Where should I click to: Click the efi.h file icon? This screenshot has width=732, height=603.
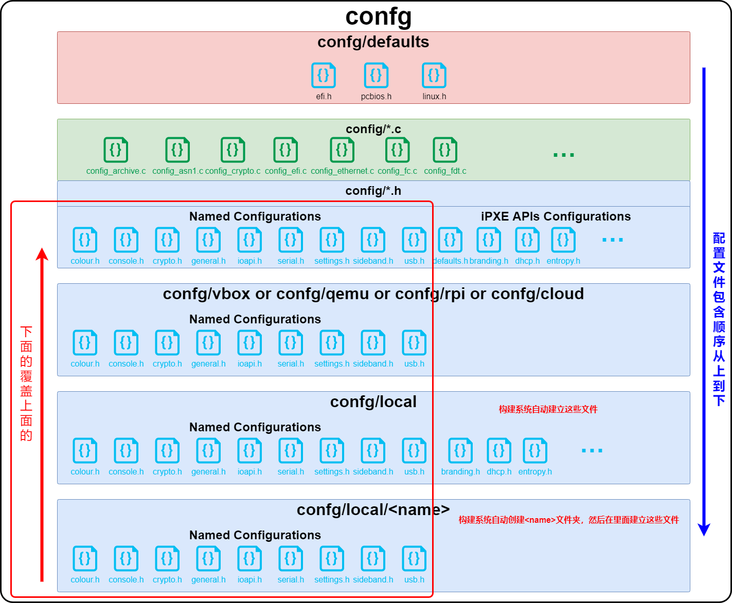coord(324,76)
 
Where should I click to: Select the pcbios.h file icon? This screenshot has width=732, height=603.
coord(376,76)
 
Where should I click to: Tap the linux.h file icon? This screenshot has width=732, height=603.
coord(434,76)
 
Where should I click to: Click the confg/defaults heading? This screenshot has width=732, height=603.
coord(373,42)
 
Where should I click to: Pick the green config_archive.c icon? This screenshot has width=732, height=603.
coord(116,150)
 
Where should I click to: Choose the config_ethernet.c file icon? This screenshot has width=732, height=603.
coord(342,150)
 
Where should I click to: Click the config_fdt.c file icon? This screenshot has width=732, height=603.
coord(445,150)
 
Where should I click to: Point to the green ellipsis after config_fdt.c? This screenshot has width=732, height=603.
coord(563,155)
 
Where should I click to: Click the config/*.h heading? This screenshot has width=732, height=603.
coord(373,191)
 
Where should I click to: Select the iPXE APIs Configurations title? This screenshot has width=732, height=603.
coord(556,216)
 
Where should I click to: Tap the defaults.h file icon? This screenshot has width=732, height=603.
coord(450,240)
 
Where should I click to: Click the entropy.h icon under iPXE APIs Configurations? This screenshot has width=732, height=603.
coord(563,240)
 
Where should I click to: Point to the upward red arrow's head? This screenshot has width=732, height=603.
coord(42,254)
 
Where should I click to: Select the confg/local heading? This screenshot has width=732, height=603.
coord(373,402)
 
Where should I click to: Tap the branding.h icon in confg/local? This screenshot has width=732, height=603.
coord(460,451)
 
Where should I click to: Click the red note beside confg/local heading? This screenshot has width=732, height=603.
coord(548,410)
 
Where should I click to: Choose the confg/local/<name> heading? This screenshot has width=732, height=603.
coord(373,510)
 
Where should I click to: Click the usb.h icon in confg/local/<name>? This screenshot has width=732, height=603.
coord(414,559)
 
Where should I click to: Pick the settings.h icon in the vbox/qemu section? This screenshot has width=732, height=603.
coord(332,343)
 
